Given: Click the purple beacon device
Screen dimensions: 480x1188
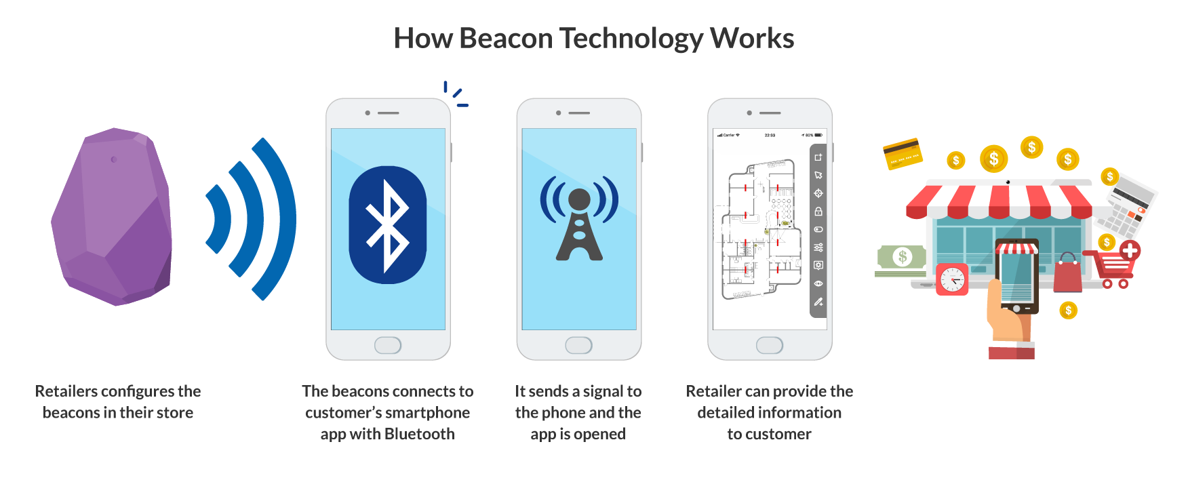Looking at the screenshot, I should click(x=112, y=217).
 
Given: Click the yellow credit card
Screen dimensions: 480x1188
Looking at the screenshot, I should click(x=903, y=154).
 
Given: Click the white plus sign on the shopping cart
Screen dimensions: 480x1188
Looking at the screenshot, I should click(x=1130, y=250).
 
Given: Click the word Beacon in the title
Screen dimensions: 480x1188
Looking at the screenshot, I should click(x=506, y=39).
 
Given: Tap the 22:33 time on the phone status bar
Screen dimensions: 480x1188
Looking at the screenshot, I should click(x=770, y=136).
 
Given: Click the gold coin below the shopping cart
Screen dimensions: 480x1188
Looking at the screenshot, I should click(x=1068, y=311).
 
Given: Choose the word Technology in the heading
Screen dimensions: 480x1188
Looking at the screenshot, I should click(x=631, y=39).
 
